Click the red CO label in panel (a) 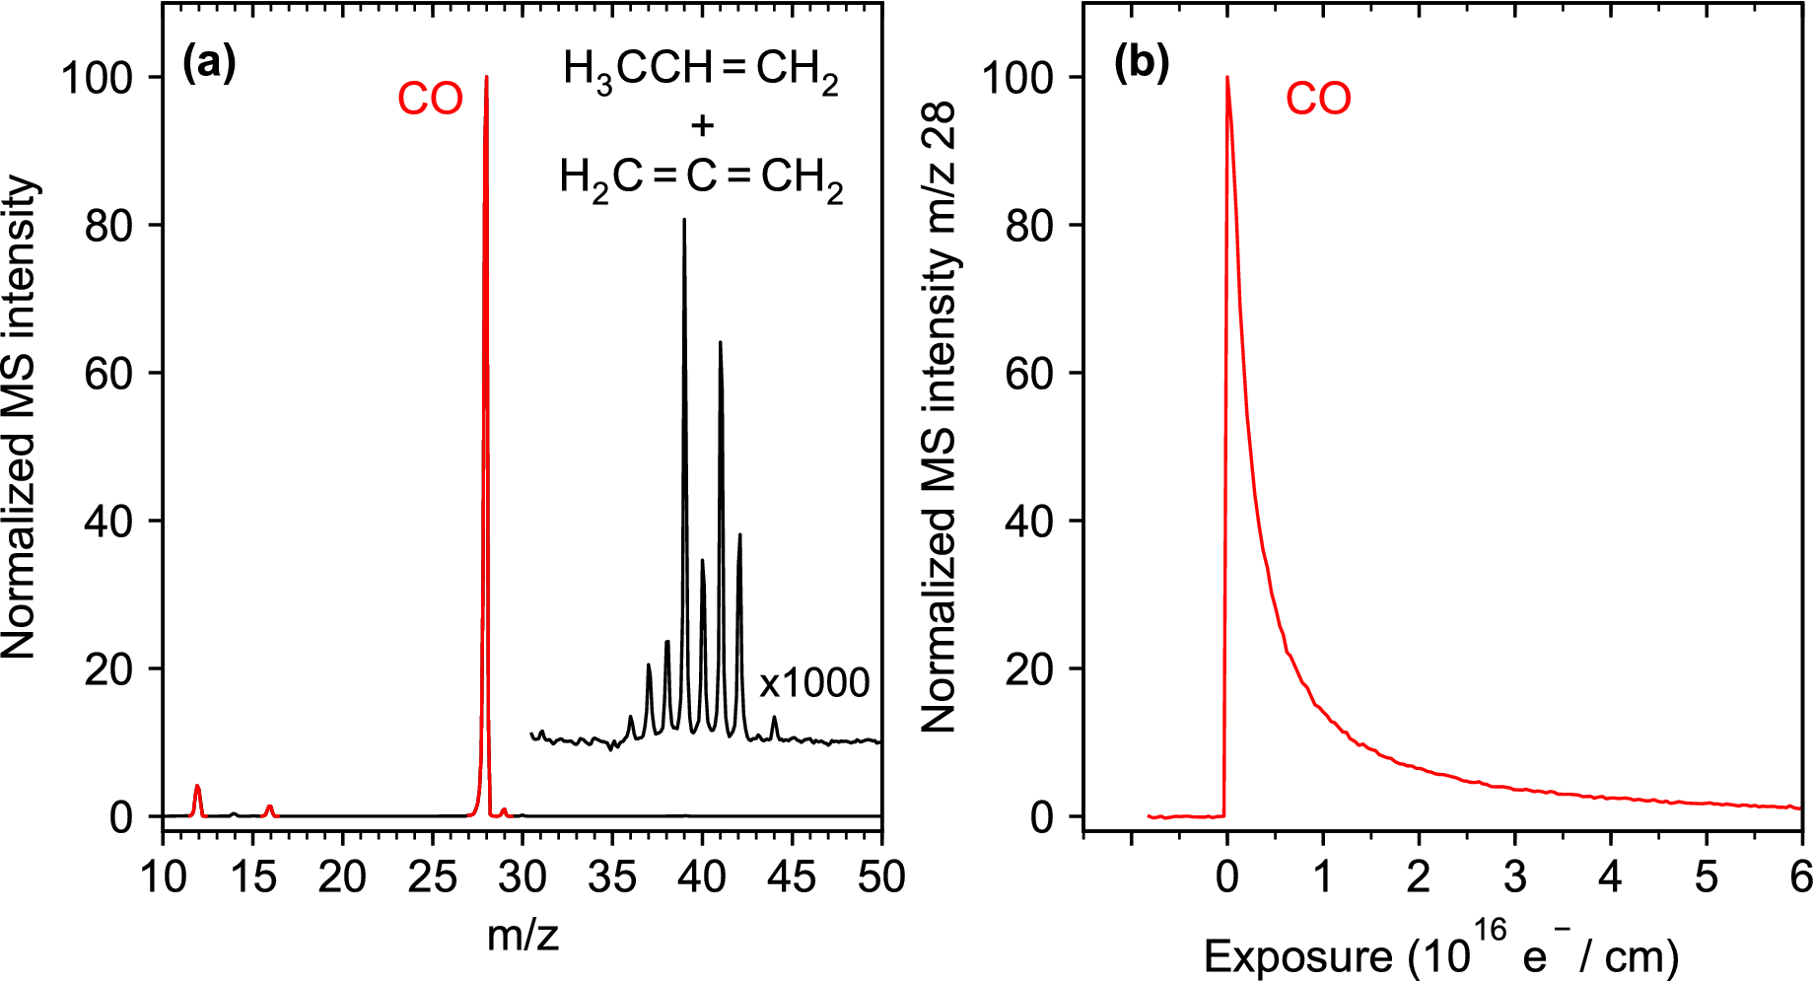click(x=430, y=99)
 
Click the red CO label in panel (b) click(x=1318, y=99)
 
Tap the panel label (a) click(x=209, y=64)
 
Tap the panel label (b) click(x=1141, y=64)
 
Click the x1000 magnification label click(x=813, y=682)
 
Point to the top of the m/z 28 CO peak click(x=486, y=79)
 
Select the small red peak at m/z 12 click(x=197, y=788)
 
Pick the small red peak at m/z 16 click(x=269, y=807)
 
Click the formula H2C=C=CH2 click(x=701, y=178)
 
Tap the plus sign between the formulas click(x=702, y=125)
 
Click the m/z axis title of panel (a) click(x=523, y=935)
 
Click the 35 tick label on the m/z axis click(x=612, y=876)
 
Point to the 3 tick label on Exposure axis click(x=1514, y=876)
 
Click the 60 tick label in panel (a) click(x=107, y=374)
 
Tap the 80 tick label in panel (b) click(x=1029, y=226)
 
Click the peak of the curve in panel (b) click(x=1227, y=79)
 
